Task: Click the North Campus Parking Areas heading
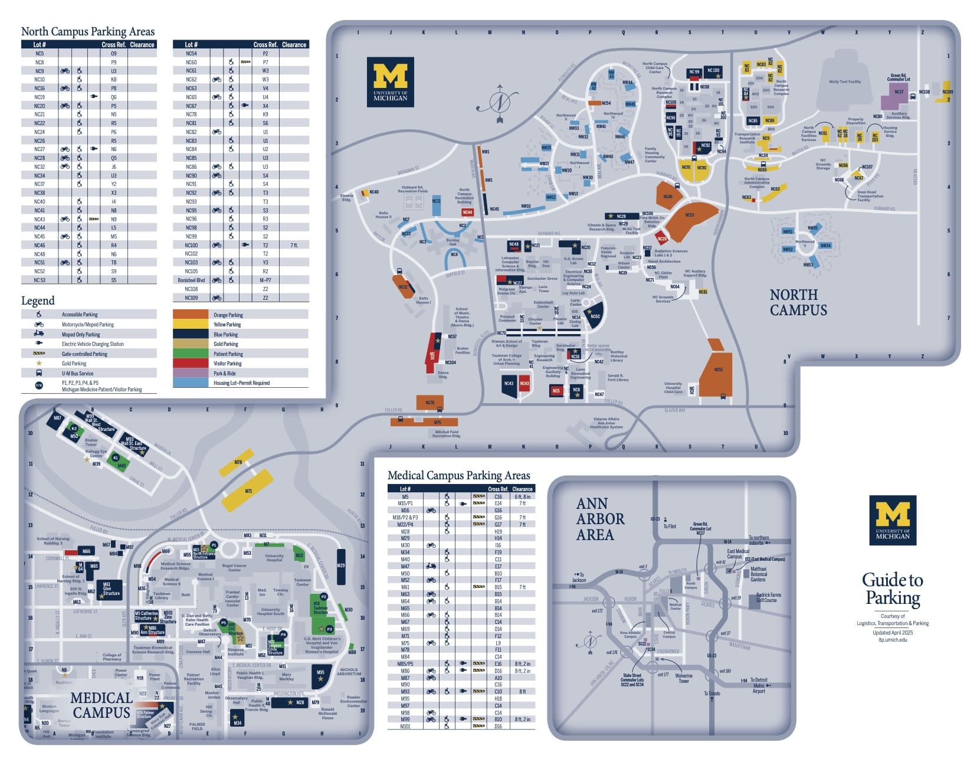pyautogui.click(x=88, y=32)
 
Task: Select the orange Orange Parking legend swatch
pyautogui.click(x=191, y=315)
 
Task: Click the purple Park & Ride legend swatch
pyautogui.click(x=191, y=373)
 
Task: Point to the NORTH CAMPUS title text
pyautogui.click(x=798, y=302)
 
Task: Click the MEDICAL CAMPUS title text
pyautogui.click(x=101, y=705)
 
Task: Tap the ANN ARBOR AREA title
pyautogui.click(x=599, y=519)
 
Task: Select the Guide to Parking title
pyautogui.click(x=892, y=589)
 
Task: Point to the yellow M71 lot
pyautogui.click(x=248, y=489)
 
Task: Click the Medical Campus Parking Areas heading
pyautogui.click(x=458, y=476)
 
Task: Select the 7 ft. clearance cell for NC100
pyautogui.click(x=294, y=245)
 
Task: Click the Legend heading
pyautogui.click(x=38, y=300)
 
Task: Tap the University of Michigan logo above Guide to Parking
pyautogui.click(x=892, y=520)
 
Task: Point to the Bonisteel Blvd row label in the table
pyautogui.click(x=191, y=280)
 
